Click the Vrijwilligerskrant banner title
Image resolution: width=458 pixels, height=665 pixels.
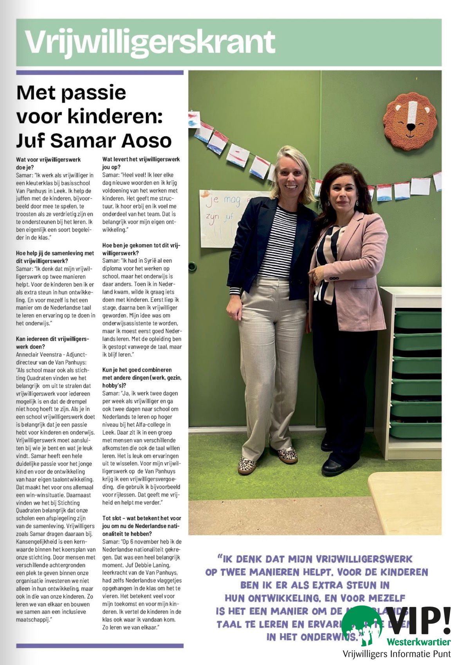[x=150, y=42]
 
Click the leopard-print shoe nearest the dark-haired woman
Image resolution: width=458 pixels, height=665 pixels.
[x=287, y=455]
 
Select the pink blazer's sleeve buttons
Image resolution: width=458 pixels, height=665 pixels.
[x=334, y=278]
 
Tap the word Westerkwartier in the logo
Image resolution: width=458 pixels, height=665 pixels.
[x=418, y=642]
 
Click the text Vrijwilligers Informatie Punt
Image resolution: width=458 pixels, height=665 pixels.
[x=396, y=654]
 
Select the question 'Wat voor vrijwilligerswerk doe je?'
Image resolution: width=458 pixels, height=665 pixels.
[x=48, y=163]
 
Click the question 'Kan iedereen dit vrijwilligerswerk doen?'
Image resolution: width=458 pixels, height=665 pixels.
[x=52, y=343]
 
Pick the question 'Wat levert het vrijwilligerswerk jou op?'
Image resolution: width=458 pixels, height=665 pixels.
[x=141, y=163]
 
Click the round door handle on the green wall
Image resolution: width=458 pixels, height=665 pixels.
[x=192, y=267]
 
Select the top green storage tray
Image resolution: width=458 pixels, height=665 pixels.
[x=417, y=319]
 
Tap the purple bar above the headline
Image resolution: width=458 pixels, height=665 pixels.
[x=99, y=72]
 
